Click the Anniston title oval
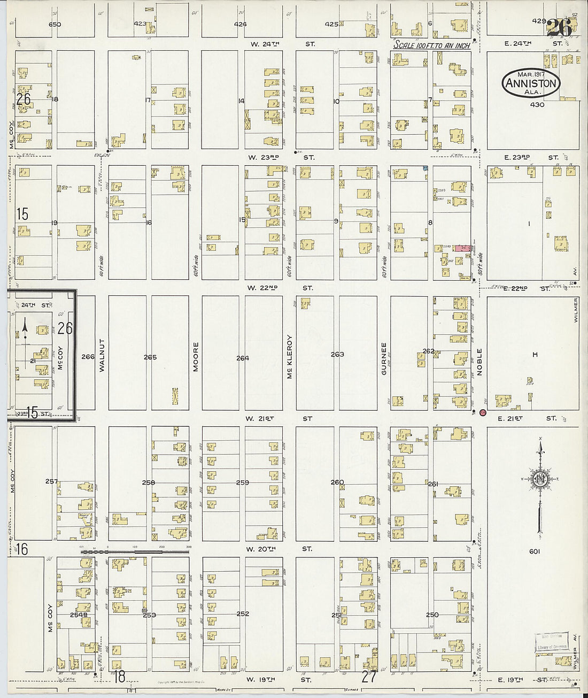[531, 83]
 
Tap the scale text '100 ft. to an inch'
[432, 45]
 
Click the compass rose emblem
[540, 479]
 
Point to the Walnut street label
[102, 355]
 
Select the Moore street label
[196, 357]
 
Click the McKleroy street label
[289, 357]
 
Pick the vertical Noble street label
[479, 362]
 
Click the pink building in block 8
[462, 249]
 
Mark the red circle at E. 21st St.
[483, 412]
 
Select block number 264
[243, 358]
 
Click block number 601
[535, 551]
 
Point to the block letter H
[535, 355]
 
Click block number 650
[55, 24]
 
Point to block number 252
[243, 613]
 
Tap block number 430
[537, 105]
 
